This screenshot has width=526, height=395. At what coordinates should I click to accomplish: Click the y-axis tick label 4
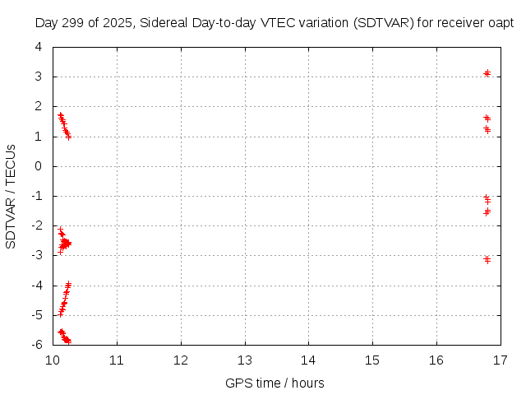(39, 47)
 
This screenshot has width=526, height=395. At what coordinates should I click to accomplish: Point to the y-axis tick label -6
(37, 345)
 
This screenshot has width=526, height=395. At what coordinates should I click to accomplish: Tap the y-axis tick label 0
(39, 166)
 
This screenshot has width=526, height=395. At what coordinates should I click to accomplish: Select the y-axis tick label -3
(37, 256)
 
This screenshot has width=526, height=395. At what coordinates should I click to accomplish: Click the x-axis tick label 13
(244, 360)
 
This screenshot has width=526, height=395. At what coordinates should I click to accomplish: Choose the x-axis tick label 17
(499, 360)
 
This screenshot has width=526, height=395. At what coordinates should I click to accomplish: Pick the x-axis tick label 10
(53, 360)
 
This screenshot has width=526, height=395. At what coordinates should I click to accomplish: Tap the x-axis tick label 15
(371, 360)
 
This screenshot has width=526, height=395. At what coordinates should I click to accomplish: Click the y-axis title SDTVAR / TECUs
(12, 196)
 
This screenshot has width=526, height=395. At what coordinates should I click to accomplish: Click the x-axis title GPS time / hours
(275, 383)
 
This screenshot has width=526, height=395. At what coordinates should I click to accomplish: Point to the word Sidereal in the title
(163, 24)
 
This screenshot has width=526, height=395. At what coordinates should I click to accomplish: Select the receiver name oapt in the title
(501, 24)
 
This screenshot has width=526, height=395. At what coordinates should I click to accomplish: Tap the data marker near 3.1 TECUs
(487, 74)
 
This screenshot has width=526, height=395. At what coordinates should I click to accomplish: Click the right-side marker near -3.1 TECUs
(487, 259)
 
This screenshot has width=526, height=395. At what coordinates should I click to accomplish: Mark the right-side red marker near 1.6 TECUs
(487, 118)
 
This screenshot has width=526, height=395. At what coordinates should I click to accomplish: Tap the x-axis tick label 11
(117, 360)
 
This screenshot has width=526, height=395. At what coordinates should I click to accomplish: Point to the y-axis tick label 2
(39, 107)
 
